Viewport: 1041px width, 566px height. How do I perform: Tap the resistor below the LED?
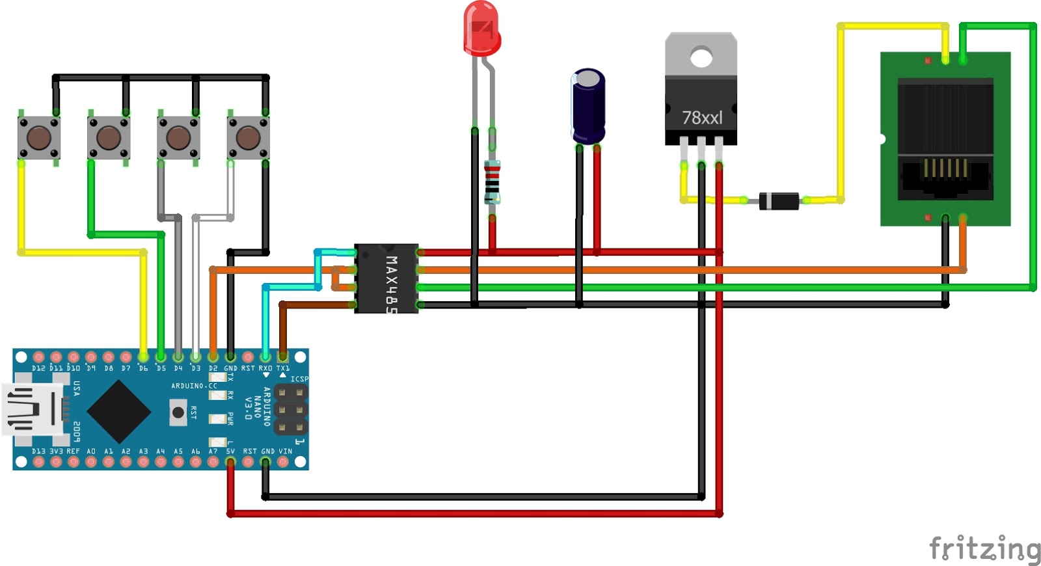(x=493, y=182)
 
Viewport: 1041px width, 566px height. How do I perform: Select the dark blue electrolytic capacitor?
(x=588, y=106)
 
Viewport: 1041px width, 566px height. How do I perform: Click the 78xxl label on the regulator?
(x=701, y=118)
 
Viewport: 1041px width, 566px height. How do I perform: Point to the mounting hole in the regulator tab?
(x=701, y=58)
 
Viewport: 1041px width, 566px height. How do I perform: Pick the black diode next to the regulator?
(x=779, y=201)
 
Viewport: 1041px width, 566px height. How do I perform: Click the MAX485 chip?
(x=386, y=278)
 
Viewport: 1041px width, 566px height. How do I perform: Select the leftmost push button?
(x=39, y=138)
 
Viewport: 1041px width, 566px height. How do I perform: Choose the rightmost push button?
(x=248, y=138)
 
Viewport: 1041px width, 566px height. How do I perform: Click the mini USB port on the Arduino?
(x=33, y=409)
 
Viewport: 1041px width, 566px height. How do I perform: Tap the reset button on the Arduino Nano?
(x=178, y=412)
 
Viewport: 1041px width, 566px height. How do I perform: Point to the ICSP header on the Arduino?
(x=290, y=410)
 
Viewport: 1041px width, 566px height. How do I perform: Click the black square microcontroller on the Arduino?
(x=118, y=411)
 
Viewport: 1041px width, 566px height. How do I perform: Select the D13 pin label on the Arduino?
(x=38, y=451)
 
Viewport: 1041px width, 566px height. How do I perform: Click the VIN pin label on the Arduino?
(x=285, y=451)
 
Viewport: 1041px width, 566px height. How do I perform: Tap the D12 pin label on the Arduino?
(x=38, y=368)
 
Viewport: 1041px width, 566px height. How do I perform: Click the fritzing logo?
(x=984, y=548)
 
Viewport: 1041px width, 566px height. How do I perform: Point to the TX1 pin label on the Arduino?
(x=283, y=368)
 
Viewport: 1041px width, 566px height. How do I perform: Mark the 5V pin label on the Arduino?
(x=230, y=451)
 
